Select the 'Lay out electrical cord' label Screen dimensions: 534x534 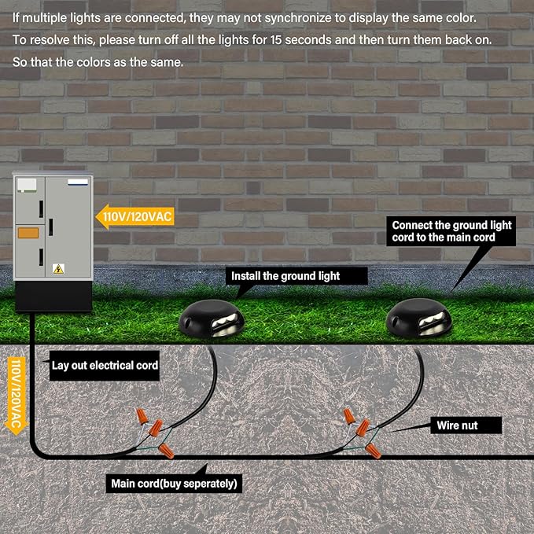pos(105,366)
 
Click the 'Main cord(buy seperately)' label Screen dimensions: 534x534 pos(174,484)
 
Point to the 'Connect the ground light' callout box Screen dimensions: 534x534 pos(451,231)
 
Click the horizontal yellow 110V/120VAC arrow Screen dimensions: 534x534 pos(134,216)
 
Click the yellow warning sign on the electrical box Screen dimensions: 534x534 pos(58,269)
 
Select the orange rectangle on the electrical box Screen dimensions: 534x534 pos(28,233)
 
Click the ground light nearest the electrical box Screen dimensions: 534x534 pos(212,319)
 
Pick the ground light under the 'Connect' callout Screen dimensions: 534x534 pos(418,318)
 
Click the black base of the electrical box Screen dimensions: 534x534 pos(53,296)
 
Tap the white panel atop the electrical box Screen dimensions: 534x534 pos(27,185)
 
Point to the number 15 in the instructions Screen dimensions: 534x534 pos(275,40)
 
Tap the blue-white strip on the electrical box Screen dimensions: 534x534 pos(78,182)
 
